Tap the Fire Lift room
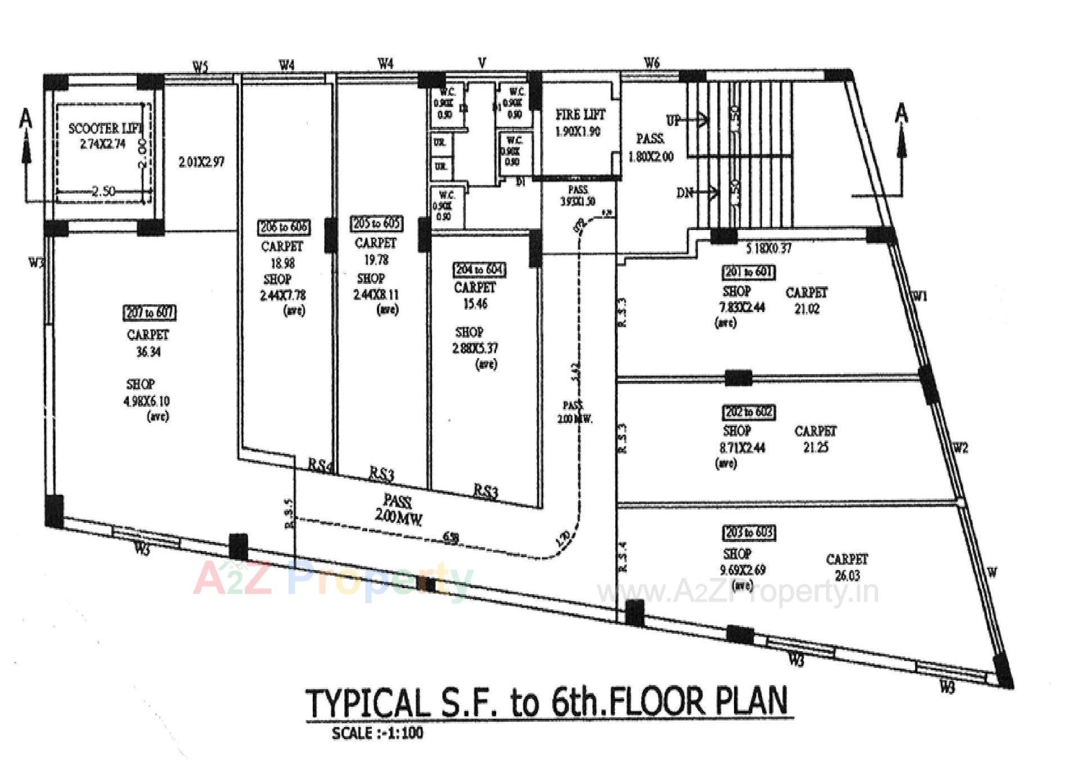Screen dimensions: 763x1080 (579, 123)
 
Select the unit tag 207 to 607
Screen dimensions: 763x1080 (150, 313)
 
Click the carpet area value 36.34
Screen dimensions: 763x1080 (148, 352)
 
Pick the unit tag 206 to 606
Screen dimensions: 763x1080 (283, 227)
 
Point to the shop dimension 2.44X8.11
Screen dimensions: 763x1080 (376, 295)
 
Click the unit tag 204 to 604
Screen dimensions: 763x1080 (479, 270)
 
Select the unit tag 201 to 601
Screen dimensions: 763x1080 (748, 272)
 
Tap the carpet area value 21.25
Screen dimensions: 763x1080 (815, 448)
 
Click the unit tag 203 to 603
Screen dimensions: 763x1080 (748, 532)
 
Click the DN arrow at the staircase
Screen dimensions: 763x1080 (697, 193)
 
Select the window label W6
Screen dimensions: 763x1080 (651, 63)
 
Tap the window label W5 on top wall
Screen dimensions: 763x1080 (200, 67)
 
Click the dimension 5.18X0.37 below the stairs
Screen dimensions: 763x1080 (768, 249)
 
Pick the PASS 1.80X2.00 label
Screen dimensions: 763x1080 (651, 147)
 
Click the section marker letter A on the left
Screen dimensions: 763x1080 (26, 119)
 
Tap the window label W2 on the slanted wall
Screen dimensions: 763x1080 (960, 448)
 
